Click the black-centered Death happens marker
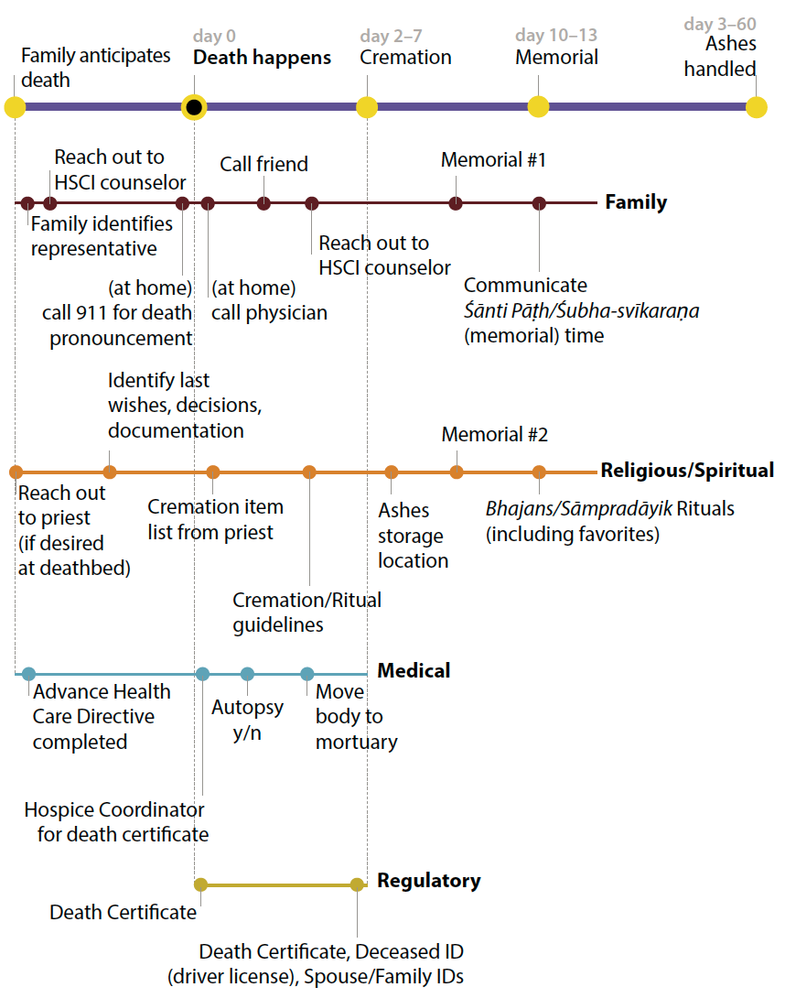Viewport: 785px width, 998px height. point(193,107)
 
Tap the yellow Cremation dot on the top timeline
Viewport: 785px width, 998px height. point(367,107)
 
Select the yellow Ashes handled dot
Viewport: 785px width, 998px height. point(756,107)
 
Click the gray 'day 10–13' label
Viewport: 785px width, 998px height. point(556,36)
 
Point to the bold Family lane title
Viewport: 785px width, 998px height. point(636,202)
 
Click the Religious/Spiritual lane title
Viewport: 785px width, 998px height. point(687,471)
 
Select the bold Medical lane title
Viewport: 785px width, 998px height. point(414,671)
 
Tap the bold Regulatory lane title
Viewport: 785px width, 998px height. point(428,881)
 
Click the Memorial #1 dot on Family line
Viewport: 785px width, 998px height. point(456,203)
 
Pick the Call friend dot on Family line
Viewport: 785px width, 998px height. point(263,203)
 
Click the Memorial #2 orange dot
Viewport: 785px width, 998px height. point(457,472)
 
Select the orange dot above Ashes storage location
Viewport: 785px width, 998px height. point(392,472)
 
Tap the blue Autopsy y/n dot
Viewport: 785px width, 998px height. point(247,674)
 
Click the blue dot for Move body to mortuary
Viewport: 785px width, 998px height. point(307,674)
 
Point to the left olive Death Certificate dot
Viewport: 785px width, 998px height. point(200,884)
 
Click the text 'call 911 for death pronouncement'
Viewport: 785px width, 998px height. point(117,325)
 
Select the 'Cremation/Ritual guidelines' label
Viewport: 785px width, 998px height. point(306,613)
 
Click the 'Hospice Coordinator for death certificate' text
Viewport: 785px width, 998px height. point(115,822)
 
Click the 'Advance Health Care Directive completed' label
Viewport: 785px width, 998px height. point(93,716)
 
